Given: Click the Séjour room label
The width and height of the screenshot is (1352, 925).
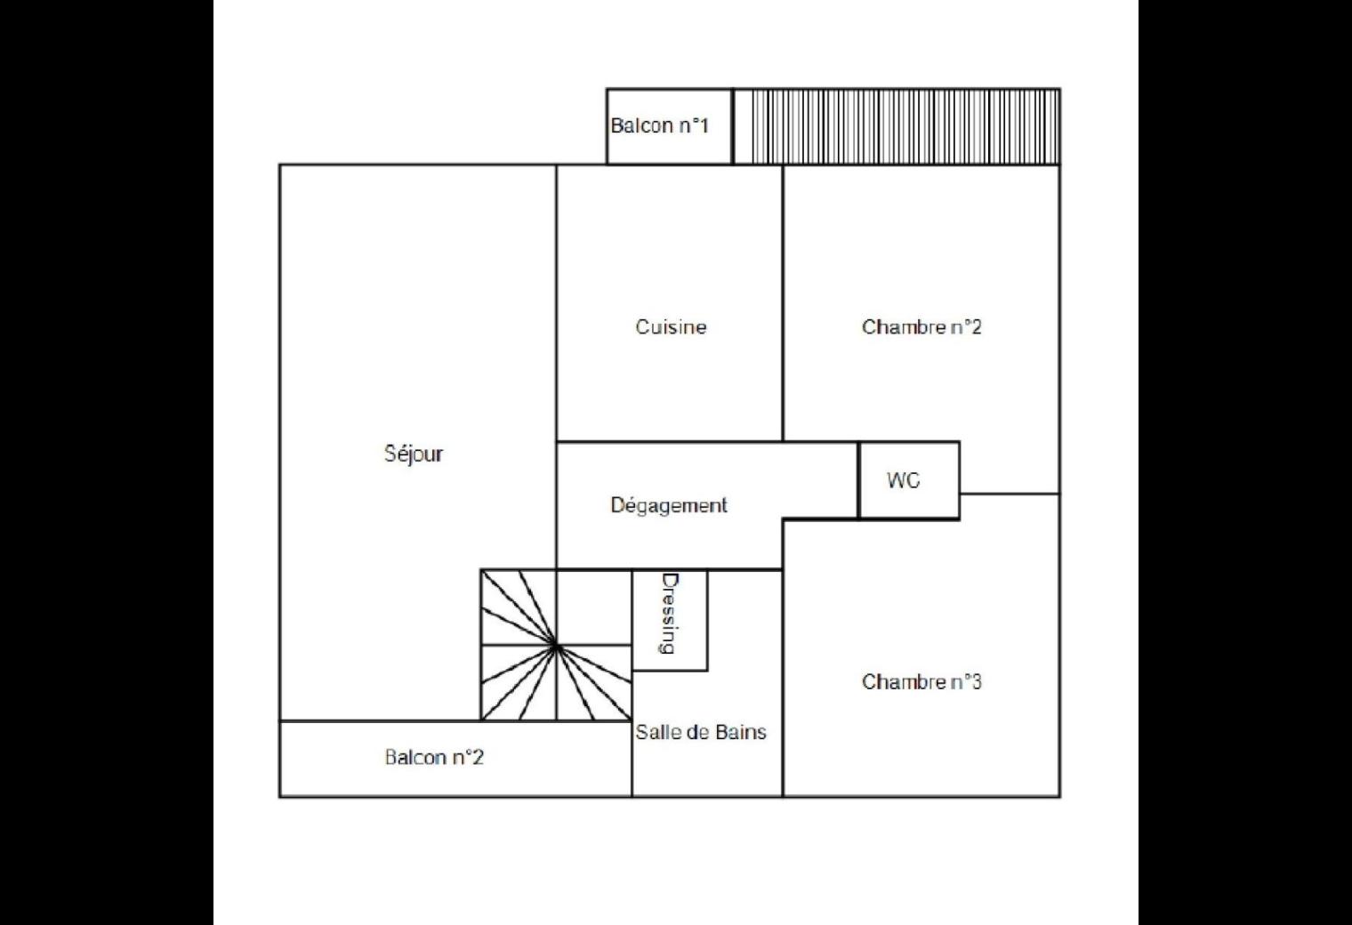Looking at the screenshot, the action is tap(414, 454).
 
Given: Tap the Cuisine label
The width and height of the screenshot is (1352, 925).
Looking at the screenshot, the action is tap(671, 327).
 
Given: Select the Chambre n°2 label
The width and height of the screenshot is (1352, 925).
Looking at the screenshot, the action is tap(921, 327).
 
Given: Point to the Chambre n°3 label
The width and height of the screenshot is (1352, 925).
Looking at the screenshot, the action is tap(921, 682).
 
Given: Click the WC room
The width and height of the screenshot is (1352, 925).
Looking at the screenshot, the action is tap(909, 480).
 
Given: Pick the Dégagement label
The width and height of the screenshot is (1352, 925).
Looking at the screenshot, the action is tap(669, 506).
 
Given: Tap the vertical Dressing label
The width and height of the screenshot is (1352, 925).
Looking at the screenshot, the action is tap(670, 614).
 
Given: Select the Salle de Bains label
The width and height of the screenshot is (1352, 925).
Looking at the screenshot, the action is tap(701, 732).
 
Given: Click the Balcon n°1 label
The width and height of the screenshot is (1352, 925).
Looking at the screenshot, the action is tap(660, 125).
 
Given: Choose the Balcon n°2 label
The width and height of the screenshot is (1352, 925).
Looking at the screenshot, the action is tap(434, 757).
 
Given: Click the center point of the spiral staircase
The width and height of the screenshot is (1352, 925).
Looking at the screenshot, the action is tap(556, 646).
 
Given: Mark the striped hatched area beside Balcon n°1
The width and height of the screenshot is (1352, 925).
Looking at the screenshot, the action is tap(897, 126).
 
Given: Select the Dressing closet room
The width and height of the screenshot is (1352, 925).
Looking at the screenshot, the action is tap(670, 620).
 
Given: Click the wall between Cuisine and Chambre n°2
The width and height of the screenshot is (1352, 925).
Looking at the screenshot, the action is tap(783, 303).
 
